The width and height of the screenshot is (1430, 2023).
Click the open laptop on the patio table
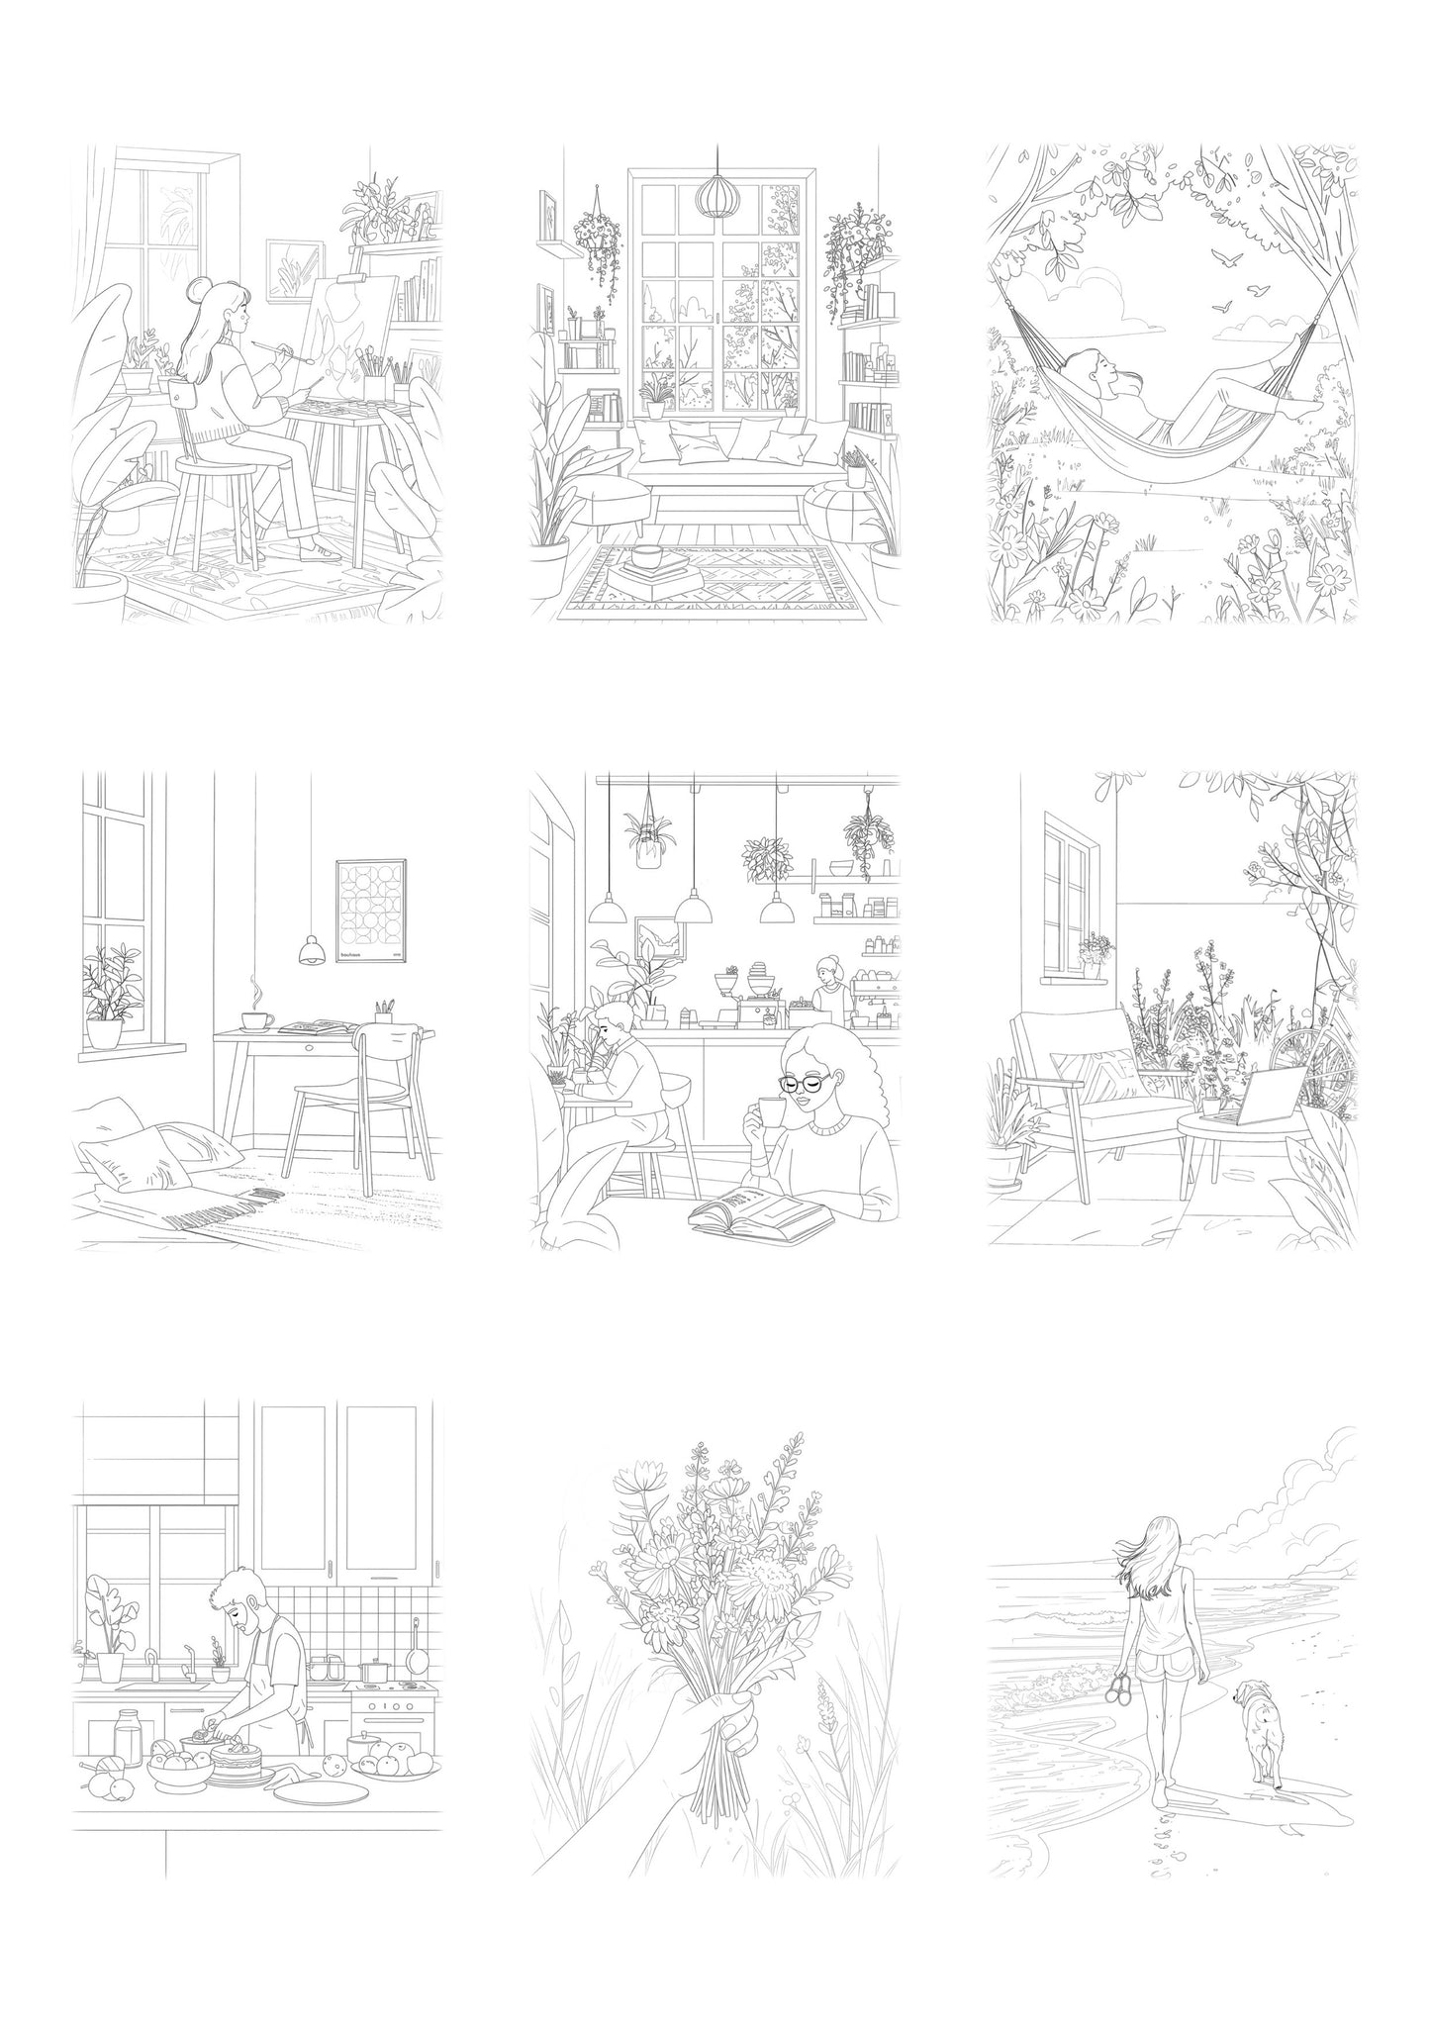1254,1099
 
